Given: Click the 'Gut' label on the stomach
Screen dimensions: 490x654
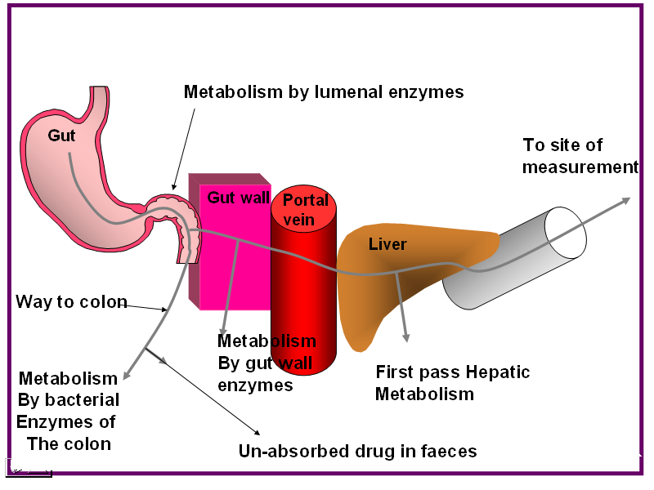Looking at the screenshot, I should click(61, 136).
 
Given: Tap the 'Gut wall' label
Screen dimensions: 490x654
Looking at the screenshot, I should click(238, 197).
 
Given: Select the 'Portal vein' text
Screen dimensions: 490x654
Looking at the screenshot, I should click(306, 207).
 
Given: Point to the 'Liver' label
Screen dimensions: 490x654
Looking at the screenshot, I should click(387, 244).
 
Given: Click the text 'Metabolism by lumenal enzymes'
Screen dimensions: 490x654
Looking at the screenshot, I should click(323, 92).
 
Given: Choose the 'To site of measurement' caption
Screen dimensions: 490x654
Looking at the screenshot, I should click(580, 156).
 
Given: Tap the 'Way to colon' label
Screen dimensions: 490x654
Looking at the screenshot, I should click(71, 302).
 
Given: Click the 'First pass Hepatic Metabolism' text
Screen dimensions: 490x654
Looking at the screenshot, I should click(452, 383).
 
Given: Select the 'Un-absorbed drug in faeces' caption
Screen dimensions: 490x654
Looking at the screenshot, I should click(357, 451).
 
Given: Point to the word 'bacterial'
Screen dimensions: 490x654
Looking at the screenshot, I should click(80, 400).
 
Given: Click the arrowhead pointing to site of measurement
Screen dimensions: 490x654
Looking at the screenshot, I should click(626, 199).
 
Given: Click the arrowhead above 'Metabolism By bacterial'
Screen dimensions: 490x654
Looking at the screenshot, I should click(125, 376).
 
